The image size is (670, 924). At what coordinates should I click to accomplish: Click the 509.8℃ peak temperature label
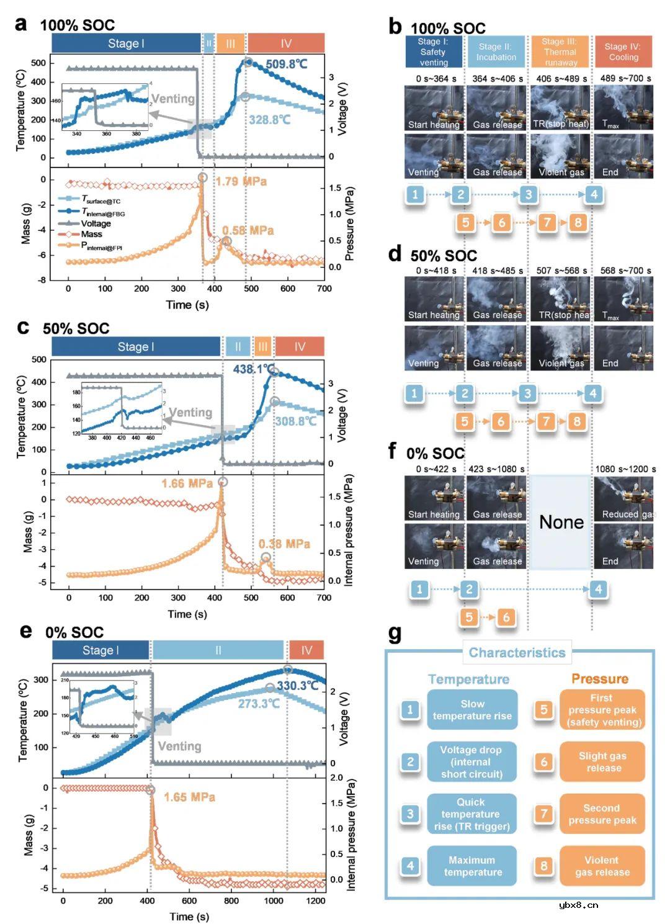click(x=287, y=64)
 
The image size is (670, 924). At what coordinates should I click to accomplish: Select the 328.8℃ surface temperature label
click(x=269, y=120)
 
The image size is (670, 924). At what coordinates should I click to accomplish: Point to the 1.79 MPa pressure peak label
click(x=241, y=181)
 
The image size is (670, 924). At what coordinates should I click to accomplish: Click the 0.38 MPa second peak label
click(x=284, y=544)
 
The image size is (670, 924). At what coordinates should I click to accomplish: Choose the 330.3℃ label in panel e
click(x=298, y=686)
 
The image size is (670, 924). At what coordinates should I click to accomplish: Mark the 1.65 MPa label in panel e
click(x=189, y=797)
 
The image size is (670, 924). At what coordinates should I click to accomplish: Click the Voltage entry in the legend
click(x=96, y=223)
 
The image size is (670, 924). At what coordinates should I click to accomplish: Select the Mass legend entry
click(x=91, y=234)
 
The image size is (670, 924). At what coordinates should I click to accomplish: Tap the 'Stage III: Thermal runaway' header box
click(x=560, y=52)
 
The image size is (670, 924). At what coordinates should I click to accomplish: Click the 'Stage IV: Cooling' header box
click(x=623, y=52)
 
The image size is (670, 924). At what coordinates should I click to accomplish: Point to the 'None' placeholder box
click(x=561, y=522)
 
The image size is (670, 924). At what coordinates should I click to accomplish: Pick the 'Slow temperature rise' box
click(x=472, y=710)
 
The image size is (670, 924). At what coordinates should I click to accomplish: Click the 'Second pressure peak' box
click(x=602, y=814)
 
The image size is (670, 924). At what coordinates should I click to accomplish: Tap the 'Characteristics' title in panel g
click(x=517, y=653)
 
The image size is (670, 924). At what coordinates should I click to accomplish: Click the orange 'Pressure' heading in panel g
click(x=600, y=679)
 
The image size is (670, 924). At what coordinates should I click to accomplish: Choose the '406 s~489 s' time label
click(x=560, y=79)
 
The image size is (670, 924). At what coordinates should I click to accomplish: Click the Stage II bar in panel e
click(x=218, y=650)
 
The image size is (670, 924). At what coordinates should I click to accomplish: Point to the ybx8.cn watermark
click(x=579, y=905)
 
